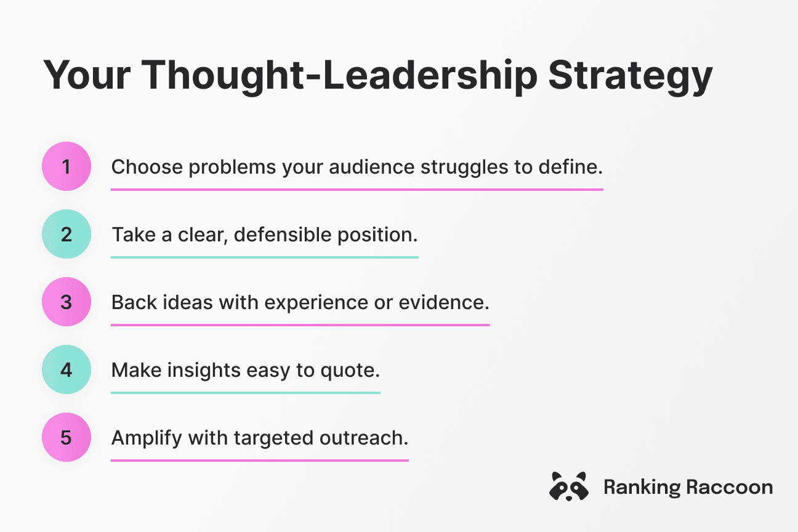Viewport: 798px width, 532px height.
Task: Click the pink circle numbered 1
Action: tap(66, 166)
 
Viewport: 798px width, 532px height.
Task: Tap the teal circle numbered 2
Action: tap(66, 234)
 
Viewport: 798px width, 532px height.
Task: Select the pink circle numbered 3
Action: tap(66, 302)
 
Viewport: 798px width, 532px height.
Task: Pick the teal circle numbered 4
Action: tap(66, 369)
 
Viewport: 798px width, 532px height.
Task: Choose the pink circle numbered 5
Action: tap(66, 437)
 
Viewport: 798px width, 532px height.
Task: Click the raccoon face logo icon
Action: tap(568, 486)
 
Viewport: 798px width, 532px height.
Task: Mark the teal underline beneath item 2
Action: tap(265, 257)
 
